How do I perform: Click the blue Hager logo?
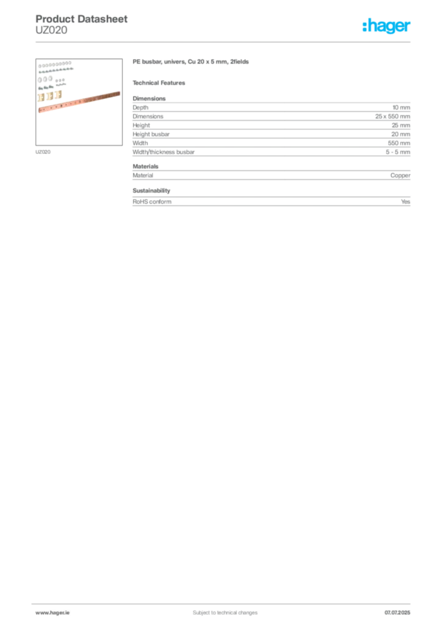[x=387, y=26]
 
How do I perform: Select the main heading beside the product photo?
[x=192, y=63]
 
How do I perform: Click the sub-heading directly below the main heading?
[x=161, y=82]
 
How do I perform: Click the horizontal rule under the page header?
[x=225, y=42]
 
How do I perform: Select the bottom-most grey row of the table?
[x=270, y=203]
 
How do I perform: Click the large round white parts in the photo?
[x=46, y=79]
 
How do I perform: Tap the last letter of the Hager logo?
[x=410, y=26]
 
